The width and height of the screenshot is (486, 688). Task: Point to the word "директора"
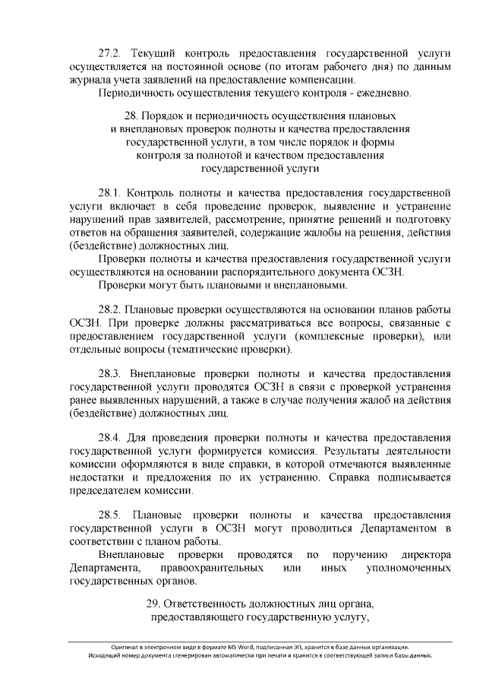point(421,554)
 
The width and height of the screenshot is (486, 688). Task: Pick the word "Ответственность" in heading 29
point(212,605)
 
